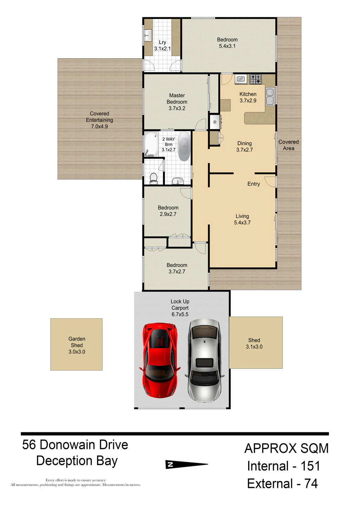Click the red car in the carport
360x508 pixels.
click(x=160, y=361)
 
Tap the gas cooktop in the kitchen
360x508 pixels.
click(x=256, y=79)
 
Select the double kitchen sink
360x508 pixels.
click(x=270, y=97)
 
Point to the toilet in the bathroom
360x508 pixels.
click(x=154, y=178)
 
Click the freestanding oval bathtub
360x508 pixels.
click(x=184, y=146)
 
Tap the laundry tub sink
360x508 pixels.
click(x=148, y=36)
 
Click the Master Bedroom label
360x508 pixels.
click(x=177, y=102)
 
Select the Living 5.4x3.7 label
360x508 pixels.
click(x=242, y=219)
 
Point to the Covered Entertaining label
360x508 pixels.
click(x=99, y=120)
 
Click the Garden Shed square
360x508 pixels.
click(x=76, y=344)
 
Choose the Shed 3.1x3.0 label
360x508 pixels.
click(x=254, y=343)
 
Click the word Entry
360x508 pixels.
click(x=253, y=184)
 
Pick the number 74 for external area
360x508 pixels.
click(x=311, y=483)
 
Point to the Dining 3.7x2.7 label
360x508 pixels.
click(x=245, y=147)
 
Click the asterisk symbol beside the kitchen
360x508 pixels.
click(x=214, y=122)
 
